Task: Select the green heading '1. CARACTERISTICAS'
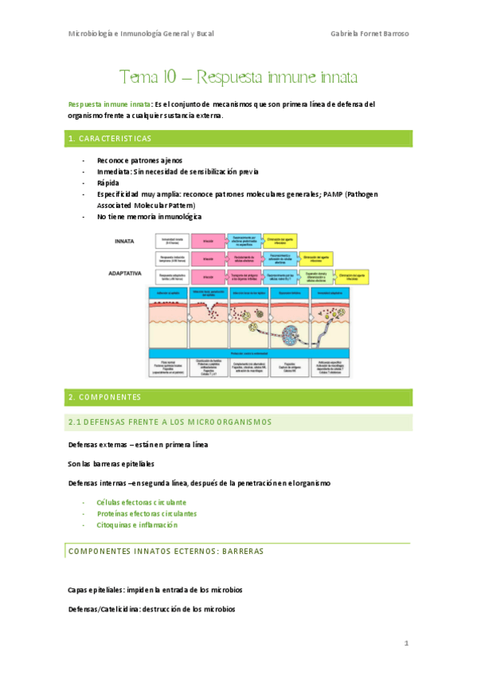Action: [x=110, y=139]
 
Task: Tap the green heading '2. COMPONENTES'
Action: [x=104, y=397]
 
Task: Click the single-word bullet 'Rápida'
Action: [x=108, y=183]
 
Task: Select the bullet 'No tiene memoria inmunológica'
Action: [x=150, y=216]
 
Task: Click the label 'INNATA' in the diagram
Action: [x=125, y=240]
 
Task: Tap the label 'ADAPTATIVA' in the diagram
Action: [x=130, y=273]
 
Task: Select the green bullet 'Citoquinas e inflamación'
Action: [x=136, y=525]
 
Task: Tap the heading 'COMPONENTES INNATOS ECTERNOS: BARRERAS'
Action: [x=166, y=551]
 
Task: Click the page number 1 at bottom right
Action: [x=406, y=643]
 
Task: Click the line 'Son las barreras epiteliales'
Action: [x=111, y=463]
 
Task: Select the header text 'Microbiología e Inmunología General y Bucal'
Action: [x=142, y=33]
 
